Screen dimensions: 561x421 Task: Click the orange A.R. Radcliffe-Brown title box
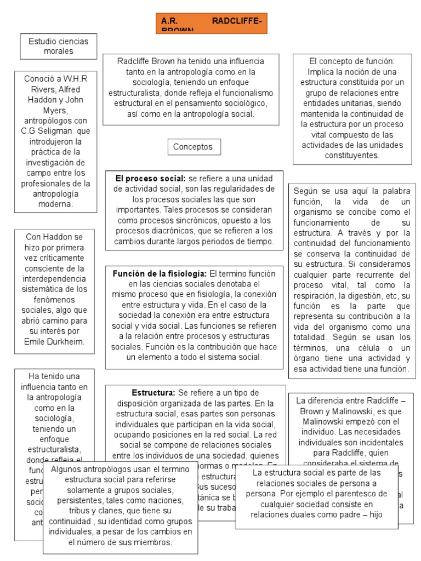point(210,24)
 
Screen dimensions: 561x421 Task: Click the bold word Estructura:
point(153,393)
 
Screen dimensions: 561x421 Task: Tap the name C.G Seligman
point(45,131)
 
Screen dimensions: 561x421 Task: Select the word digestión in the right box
point(368,296)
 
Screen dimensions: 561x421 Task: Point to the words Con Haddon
point(54,237)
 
